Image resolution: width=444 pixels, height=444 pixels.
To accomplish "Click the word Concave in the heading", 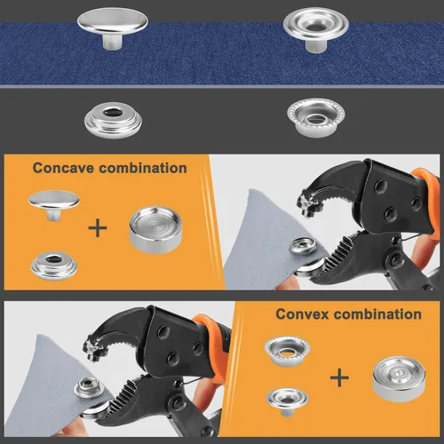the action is (x=64, y=168).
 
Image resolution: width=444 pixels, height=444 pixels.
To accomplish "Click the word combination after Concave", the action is (x=143, y=168).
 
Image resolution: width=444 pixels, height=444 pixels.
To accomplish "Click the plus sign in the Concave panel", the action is (x=98, y=228).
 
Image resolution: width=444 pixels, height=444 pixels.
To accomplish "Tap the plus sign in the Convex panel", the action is (x=339, y=377).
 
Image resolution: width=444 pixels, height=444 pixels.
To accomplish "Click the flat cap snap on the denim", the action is (x=113, y=28).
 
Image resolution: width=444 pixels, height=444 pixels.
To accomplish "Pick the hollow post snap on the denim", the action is (x=316, y=29).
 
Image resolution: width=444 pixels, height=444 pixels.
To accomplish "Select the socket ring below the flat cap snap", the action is (x=113, y=120).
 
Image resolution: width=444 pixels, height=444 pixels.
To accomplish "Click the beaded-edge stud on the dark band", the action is (x=316, y=117).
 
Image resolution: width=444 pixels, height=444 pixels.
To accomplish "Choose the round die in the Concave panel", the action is (x=155, y=230).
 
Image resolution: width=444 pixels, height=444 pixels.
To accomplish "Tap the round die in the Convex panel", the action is (x=399, y=379).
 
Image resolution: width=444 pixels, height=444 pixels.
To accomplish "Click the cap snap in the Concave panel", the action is (x=54, y=205).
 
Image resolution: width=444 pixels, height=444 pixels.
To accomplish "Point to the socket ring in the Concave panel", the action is (x=54, y=266).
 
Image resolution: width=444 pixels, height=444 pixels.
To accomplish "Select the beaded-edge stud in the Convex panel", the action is (x=287, y=351).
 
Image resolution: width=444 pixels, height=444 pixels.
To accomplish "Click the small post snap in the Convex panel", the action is (x=287, y=401).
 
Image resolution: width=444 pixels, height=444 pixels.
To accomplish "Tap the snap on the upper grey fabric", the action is (x=303, y=246).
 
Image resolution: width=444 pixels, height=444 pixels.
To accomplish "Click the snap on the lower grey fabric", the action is (x=89, y=388).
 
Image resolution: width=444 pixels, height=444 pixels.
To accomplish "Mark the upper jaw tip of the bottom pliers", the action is (x=93, y=357).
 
